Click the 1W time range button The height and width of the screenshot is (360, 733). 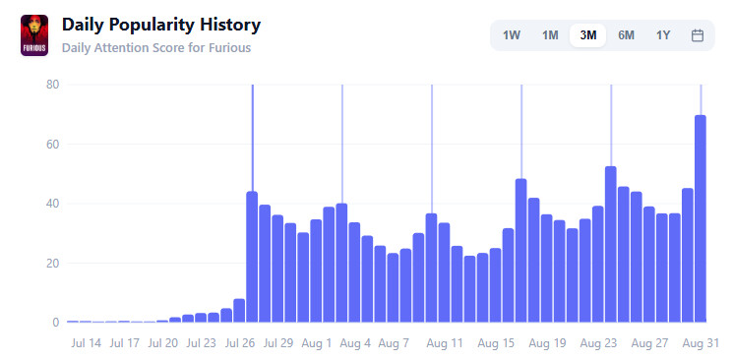[x=512, y=35]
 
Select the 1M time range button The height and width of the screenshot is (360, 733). [x=550, y=35]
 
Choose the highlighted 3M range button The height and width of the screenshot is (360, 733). [x=588, y=35]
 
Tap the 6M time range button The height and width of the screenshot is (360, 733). [x=626, y=35]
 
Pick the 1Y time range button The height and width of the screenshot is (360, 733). [x=663, y=35]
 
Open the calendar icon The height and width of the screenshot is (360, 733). [x=698, y=35]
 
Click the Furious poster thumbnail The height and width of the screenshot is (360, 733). [x=34, y=35]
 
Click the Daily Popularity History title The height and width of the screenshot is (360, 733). [x=161, y=25]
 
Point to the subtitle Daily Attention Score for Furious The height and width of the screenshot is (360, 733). [x=156, y=47]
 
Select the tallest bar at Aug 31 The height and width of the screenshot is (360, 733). [x=701, y=218]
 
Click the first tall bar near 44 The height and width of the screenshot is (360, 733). [x=252, y=257]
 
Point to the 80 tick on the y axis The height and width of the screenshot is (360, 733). [x=52, y=85]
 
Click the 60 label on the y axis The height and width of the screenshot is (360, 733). [x=52, y=144]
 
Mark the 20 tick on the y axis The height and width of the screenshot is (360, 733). [x=52, y=264]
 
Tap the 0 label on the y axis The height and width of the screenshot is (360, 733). [x=56, y=322]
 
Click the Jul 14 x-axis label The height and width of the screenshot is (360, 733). [x=86, y=343]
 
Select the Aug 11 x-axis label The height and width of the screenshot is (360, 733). [x=445, y=343]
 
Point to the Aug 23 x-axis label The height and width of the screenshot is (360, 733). [x=598, y=343]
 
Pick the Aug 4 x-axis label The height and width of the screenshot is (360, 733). [x=355, y=343]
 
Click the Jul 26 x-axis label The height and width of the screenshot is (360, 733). [x=240, y=343]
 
